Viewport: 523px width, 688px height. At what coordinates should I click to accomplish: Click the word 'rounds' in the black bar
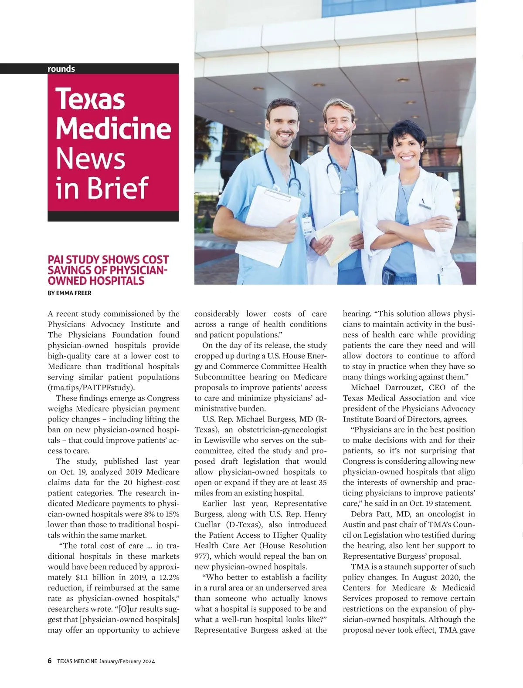tap(61, 69)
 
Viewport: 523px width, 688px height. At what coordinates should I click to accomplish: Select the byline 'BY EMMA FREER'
tap(69, 293)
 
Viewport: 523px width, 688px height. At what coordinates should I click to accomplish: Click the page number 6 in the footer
tap(50, 661)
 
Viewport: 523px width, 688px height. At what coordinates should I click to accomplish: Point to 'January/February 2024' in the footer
tap(127, 661)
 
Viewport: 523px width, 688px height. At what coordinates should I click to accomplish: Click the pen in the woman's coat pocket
tap(422, 203)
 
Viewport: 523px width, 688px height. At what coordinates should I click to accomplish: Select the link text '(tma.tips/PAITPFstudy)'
tap(92, 388)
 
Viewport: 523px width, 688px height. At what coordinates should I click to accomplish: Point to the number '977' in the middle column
tap(201, 556)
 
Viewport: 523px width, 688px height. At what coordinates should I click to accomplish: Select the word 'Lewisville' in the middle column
tap(222, 440)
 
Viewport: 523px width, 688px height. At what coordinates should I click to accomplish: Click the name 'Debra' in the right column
tap(361, 514)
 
